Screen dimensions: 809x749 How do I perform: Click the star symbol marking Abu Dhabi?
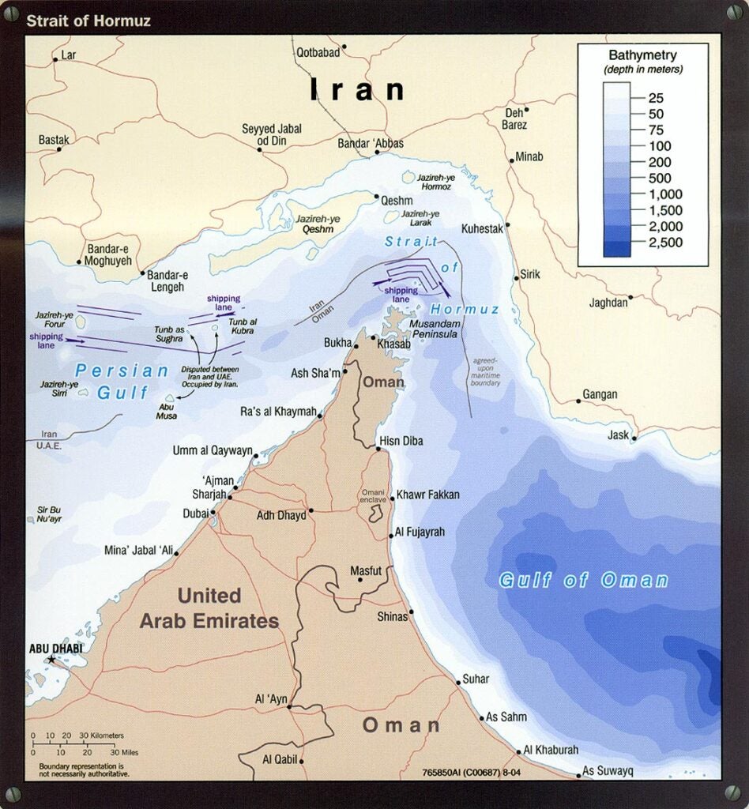(52, 660)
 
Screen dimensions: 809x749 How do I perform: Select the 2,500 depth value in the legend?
(665, 243)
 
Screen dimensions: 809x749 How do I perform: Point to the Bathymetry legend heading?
(642, 55)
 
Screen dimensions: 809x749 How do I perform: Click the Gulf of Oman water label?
(583, 581)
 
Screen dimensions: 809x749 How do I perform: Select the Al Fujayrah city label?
(420, 532)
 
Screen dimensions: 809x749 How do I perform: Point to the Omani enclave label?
(374, 495)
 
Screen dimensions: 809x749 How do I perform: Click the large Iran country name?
(357, 89)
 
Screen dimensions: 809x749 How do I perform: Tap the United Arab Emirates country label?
(209, 608)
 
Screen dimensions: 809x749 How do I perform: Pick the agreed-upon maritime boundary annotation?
(486, 372)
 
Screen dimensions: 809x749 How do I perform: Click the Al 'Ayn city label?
(270, 699)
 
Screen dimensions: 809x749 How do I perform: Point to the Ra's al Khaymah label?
(277, 412)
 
